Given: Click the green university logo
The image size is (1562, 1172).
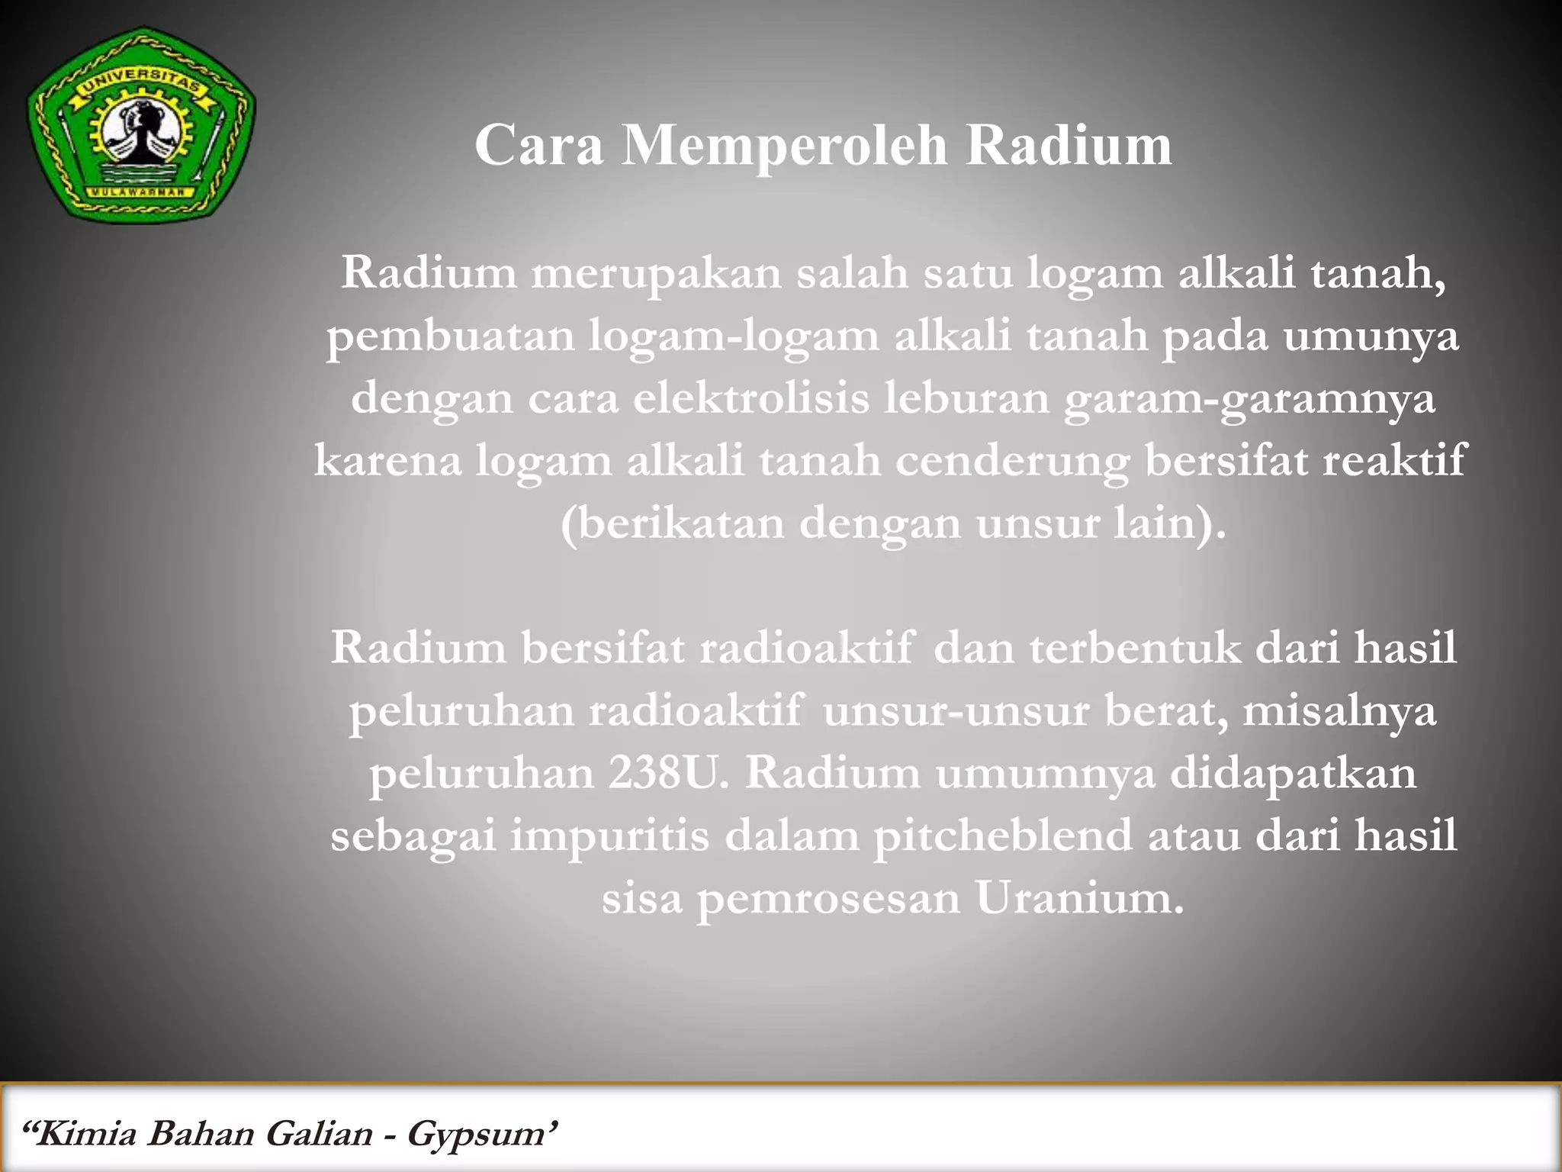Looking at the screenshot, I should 141,126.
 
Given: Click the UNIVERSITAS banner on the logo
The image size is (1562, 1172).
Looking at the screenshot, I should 140,84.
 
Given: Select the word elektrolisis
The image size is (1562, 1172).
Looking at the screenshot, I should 750,398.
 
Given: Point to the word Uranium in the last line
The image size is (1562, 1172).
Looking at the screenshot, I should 1078,898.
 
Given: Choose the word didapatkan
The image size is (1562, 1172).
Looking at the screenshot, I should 1293,772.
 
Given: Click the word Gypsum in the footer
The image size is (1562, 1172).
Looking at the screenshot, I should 477,1134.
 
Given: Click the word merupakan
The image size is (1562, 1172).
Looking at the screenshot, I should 656,273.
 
